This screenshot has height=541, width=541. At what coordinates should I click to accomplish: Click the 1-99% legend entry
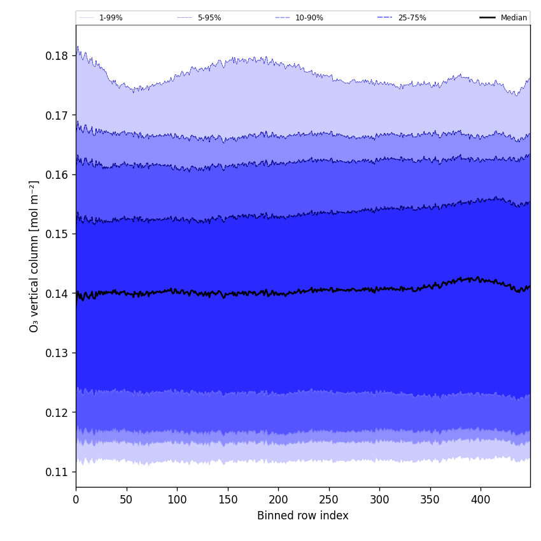click(x=111, y=18)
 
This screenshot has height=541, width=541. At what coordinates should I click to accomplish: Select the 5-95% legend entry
click(x=209, y=18)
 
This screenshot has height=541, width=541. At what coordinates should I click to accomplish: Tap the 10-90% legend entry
click(x=309, y=18)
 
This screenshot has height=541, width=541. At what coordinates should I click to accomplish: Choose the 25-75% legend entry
click(x=412, y=18)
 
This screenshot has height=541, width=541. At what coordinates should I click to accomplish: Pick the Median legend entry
click(x=514, y=18)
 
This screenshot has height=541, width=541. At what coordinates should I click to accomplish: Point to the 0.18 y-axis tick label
click(x=57, y=56)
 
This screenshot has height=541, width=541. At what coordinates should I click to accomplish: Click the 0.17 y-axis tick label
click(x=57, y=115)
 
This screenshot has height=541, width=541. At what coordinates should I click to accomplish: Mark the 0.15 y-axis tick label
click(x=57, y=234)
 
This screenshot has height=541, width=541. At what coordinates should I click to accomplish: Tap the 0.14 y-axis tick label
click(x=57, y=293)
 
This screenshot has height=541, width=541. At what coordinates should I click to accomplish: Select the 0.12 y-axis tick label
click(x=57, y=412)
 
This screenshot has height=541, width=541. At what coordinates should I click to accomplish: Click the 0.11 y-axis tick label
click(x=57, y=472)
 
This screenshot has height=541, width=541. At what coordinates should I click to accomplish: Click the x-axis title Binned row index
click(x=302, y=516)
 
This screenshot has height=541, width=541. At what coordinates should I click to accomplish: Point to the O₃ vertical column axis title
click(x=34, y=256)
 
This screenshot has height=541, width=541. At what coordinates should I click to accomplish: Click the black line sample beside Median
click(x=488, y=18)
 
